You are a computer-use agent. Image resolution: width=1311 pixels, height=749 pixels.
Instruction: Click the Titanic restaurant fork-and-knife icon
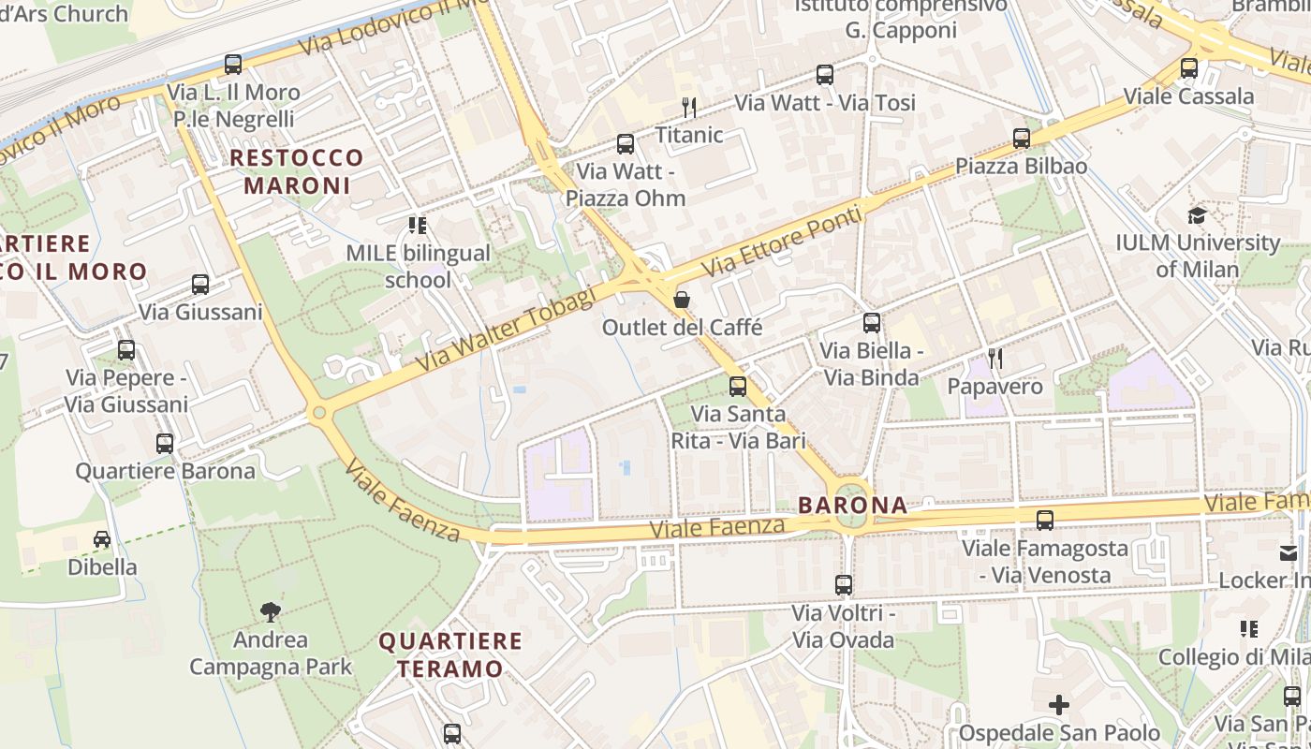[689, 108]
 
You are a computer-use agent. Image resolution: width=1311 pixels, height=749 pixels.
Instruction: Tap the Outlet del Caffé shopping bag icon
[682, 300]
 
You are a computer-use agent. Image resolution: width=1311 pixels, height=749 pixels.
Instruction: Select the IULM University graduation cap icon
[1197, 216]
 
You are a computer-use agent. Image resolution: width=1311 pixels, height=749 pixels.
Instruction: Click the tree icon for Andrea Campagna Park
[271, 612]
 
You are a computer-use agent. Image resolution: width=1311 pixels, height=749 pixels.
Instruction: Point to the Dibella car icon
[102, 539]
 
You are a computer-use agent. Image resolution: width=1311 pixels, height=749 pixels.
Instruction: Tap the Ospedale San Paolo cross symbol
[1059, 705]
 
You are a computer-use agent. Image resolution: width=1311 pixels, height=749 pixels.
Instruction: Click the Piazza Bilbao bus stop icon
[1022, 139]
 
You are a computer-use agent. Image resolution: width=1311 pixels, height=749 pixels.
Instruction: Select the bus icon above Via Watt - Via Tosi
[825, 75]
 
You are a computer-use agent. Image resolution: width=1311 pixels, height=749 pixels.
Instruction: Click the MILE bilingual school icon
[418, 226]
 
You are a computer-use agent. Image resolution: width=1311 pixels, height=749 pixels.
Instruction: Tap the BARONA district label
[852, 506]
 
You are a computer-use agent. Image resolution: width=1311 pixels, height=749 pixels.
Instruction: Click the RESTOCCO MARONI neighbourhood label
[297, 171]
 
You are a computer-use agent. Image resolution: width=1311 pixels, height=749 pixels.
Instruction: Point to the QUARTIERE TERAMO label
[451, 654]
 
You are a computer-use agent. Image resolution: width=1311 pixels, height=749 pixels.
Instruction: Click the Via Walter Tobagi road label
[507, 329]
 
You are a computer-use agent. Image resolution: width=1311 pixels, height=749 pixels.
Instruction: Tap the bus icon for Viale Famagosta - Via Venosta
[1045, 521]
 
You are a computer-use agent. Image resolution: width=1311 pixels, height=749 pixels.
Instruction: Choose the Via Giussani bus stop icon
[200, 285]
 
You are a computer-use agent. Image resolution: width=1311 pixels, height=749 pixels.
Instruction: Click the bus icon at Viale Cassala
[1189, 68]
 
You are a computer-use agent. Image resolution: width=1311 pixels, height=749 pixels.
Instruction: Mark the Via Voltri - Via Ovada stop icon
[844, 585]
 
